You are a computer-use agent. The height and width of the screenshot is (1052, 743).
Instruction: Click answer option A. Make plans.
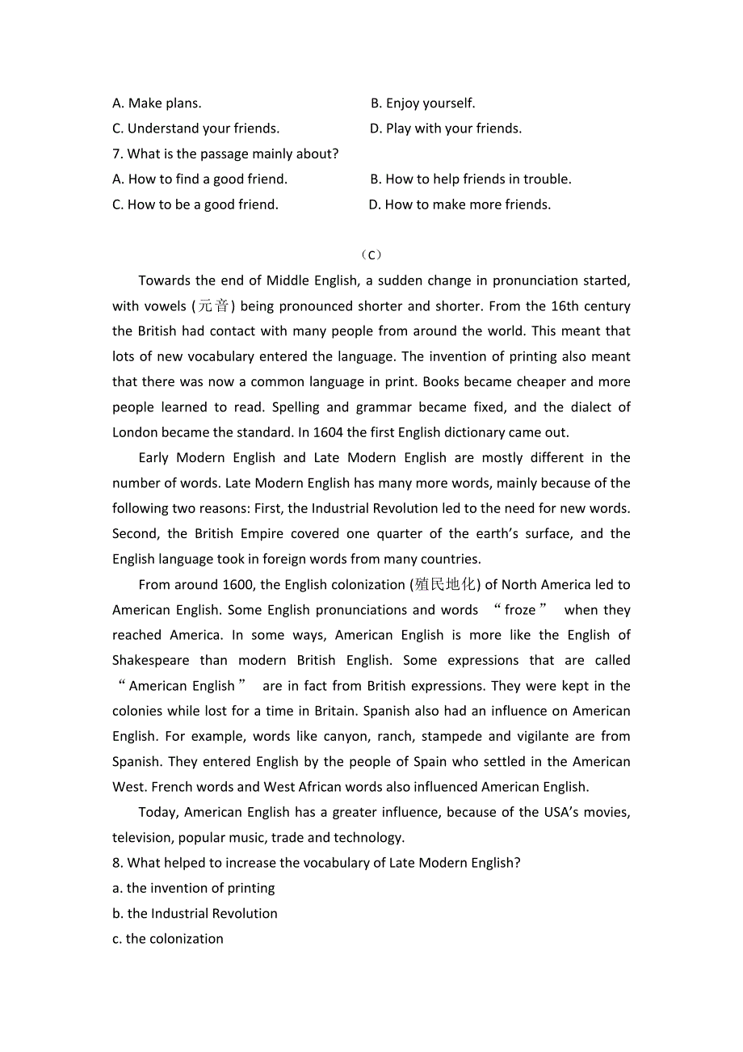point(157,103)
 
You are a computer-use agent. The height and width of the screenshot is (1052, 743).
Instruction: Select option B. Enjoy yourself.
point(422,103)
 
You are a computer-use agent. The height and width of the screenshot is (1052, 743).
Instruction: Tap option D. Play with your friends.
point(446,128)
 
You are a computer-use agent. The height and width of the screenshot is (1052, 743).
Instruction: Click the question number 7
point(117,154)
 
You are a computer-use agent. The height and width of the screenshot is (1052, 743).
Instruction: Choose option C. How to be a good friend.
point(195,204)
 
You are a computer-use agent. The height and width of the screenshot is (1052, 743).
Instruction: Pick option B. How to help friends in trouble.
point(470,179)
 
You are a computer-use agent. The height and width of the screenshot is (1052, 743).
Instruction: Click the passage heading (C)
point(371,255)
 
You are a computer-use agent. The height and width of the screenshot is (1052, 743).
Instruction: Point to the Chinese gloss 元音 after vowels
point(213,306)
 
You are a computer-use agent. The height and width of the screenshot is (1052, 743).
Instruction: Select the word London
point(135,432)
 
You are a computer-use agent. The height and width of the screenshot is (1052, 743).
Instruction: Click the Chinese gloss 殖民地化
point(446,585)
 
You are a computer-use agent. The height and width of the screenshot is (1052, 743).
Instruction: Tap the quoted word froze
point(520,610)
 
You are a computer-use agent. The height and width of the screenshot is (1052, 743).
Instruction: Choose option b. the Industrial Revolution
point(195,914)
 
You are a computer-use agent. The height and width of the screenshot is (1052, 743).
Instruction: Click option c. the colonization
point(168,939)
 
